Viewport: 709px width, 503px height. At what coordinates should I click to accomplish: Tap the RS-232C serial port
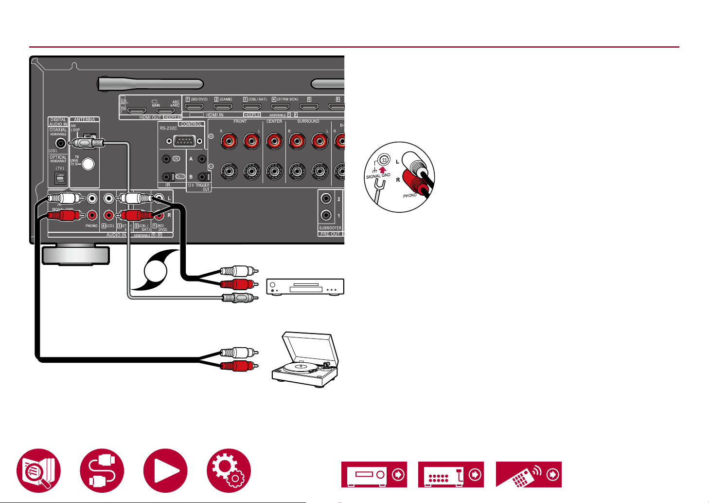[181, 141]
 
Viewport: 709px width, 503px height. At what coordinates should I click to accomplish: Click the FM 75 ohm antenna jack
[88, 164]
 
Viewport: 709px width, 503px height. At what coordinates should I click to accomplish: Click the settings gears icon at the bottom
[229, 471]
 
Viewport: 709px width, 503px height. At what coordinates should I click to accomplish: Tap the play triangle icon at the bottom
[165, 471]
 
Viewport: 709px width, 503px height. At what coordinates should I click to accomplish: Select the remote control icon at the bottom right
[529, 474]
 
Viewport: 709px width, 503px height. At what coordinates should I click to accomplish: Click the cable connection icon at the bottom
[102, 471]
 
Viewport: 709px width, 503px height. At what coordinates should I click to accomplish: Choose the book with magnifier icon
[38, 471]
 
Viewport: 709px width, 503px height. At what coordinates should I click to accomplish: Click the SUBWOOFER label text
[330, 228]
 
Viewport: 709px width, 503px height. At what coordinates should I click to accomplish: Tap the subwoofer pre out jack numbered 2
[326, 199]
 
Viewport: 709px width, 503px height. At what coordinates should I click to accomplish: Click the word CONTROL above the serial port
[191, 124]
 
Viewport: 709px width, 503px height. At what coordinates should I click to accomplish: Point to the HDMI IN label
[215, 115]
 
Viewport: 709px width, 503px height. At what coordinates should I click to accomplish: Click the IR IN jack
[167, 159]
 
